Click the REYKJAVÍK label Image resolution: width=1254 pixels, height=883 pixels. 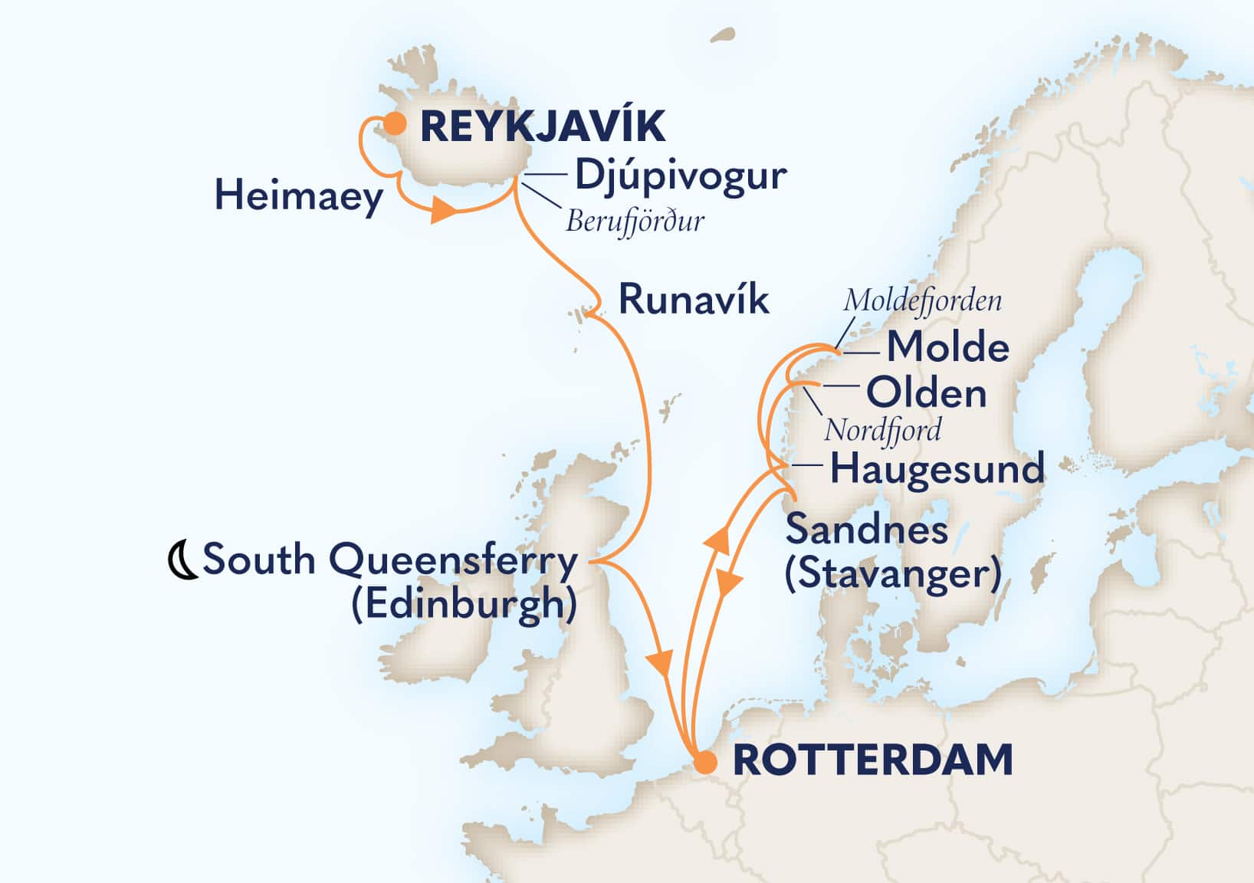click(x=543, y=126)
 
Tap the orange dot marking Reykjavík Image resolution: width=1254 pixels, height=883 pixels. click(x=395, y=123)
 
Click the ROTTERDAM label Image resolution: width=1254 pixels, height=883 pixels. click(x=873, y=760)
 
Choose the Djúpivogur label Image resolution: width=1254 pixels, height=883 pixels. click(x=680, y=176)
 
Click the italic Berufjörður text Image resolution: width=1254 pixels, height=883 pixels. click(x=635, y=222)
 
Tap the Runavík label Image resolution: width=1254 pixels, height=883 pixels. click(x=693, y=300)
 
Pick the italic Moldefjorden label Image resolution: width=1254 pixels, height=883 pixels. click(x=922, y=300)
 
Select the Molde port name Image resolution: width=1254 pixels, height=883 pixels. click(x=947, y=348)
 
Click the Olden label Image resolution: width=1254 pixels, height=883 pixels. click(x=926, y=394)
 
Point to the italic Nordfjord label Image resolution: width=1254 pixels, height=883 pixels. click(x=882, y=431)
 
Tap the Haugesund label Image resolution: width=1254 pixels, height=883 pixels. click(x=937, y=468)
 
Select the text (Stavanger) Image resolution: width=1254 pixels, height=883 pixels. click(x=892, y=574)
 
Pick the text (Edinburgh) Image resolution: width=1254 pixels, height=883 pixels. click(x=464, y=605)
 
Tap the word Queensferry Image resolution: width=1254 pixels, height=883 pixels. click(x=453, y=560)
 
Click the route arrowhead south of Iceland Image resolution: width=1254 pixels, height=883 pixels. click(x=442, y=209)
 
